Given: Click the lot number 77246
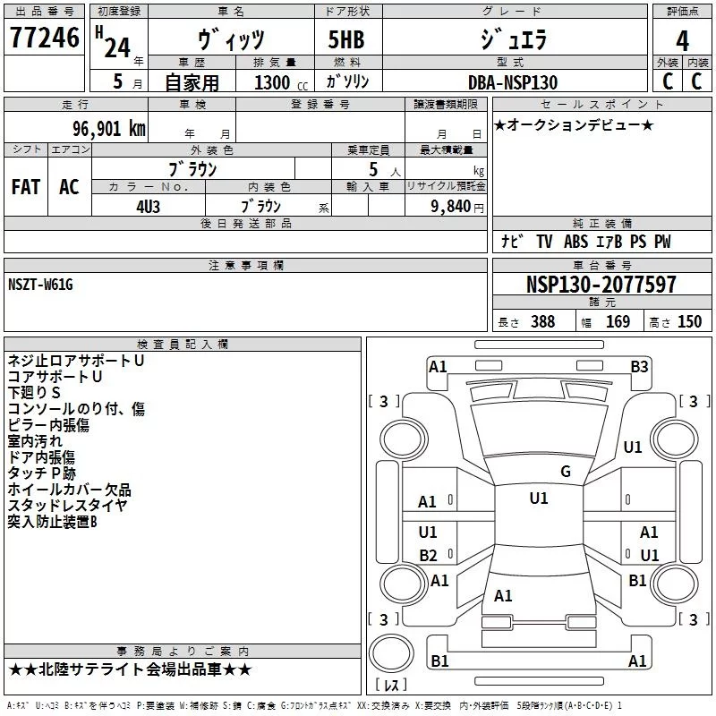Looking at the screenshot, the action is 45,38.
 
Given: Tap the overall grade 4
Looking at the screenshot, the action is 682,40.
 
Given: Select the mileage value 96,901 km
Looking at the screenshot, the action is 109,129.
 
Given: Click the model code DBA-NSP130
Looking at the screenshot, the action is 513,82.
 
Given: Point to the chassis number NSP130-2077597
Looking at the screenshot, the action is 601,284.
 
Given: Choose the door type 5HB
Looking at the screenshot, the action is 346,39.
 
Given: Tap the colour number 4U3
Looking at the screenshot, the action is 148,207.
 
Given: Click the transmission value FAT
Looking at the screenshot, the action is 26,187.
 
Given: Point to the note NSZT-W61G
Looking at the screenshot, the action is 40,285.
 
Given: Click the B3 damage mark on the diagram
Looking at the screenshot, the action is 639,367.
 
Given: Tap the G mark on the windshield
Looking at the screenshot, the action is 566,472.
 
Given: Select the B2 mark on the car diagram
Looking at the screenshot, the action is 428,555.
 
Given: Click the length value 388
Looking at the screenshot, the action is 543,321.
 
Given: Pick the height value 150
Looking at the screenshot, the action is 689,321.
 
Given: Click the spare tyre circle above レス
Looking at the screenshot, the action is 391,652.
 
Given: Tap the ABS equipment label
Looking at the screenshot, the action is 575,242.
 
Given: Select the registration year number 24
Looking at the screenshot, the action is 117,47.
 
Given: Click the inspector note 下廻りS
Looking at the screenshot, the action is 34,393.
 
